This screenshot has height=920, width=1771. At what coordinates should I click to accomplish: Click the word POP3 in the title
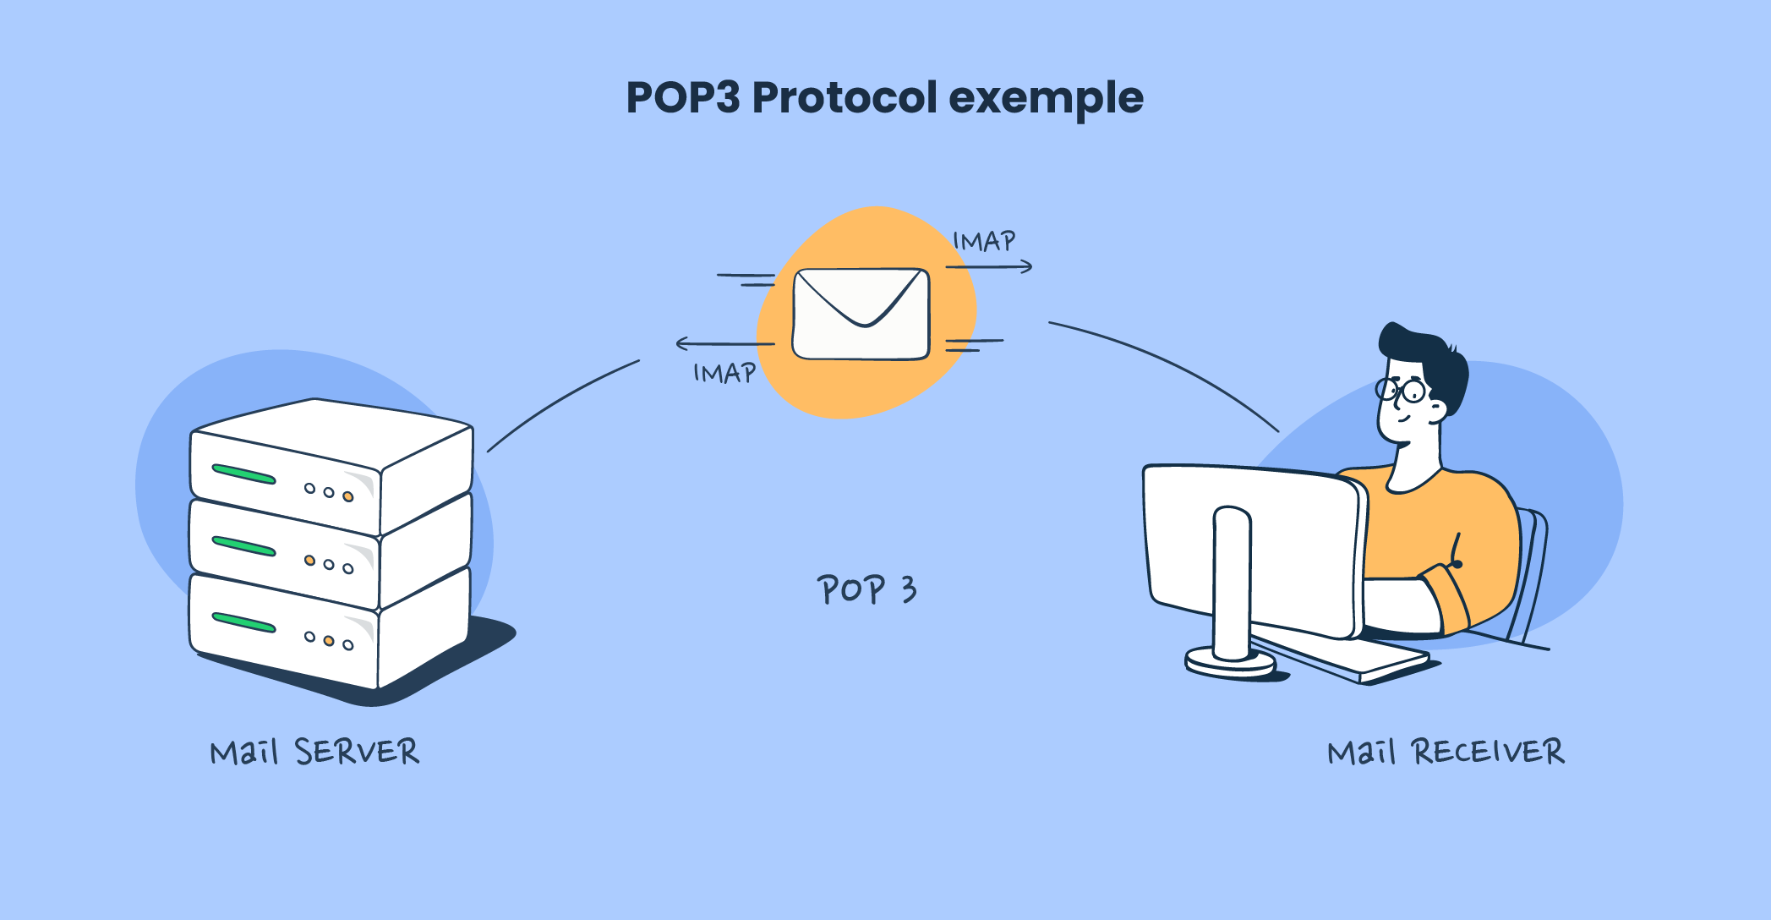click(682, 98)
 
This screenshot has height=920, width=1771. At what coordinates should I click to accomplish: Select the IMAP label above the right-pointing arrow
click(984, 242)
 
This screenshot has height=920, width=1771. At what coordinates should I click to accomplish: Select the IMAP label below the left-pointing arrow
click(724, 373)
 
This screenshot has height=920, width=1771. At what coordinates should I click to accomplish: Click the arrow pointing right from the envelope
click(989, 267)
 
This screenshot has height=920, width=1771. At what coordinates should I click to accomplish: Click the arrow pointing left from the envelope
click(724, 343)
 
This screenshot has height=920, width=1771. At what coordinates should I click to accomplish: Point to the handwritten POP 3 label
click(866, 589)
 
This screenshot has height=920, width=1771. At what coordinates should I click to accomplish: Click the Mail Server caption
click(314, 752)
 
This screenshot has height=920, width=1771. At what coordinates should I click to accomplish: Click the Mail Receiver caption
click(1446, 752)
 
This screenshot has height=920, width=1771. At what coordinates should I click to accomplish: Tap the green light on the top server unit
click(243, 474)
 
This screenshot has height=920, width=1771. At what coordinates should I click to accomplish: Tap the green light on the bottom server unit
click(243, 622)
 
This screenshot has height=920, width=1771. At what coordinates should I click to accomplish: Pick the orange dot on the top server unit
click(347, 496)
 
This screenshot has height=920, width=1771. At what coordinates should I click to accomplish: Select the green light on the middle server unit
click(243, 546)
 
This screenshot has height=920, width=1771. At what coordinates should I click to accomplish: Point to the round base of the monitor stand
click(1230, 662)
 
